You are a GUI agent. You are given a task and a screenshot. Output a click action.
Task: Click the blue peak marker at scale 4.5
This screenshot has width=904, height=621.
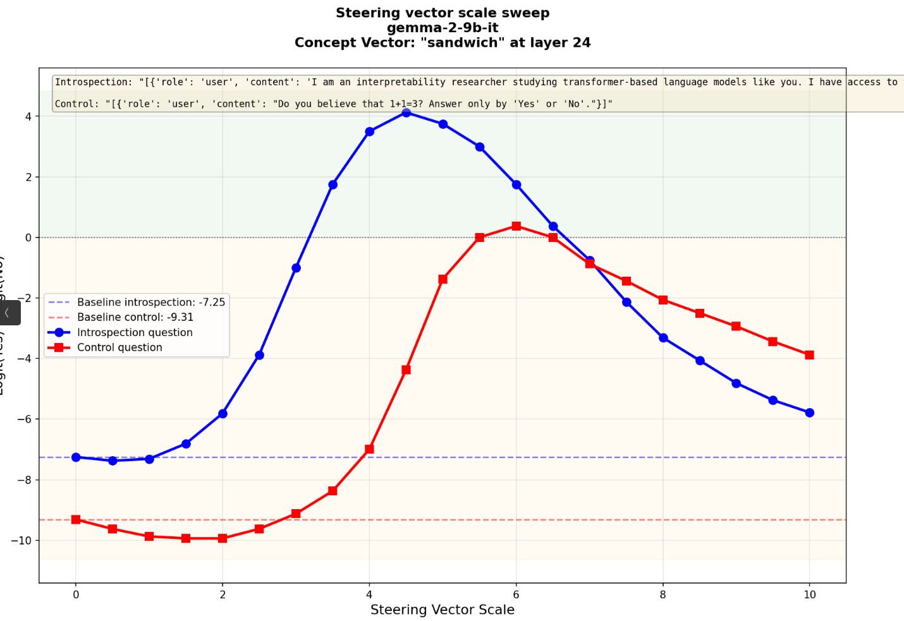click(406, 113)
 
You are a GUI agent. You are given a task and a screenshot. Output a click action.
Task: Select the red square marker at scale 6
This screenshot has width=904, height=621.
click(516, 226)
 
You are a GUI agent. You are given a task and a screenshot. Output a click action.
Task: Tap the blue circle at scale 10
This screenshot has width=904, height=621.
click(809, 413)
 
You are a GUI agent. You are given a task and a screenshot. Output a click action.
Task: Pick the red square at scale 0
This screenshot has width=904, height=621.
click(76, 519)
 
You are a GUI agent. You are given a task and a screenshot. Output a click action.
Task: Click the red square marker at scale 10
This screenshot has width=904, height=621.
click(809, 355)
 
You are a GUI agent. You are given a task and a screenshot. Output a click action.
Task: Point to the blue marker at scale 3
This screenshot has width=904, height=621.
click(296, 268)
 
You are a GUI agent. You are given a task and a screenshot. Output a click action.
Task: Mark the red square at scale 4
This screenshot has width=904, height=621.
click(369, 449)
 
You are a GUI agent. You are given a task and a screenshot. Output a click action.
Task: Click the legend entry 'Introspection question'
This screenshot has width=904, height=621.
click(135, 332)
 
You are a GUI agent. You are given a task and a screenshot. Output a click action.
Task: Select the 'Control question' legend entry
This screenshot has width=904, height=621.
click(119, 347)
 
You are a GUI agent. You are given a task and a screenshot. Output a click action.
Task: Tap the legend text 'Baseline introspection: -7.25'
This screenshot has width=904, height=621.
click(151, 302)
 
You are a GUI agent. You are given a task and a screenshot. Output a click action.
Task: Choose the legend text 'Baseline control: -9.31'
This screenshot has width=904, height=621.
click(135, 317)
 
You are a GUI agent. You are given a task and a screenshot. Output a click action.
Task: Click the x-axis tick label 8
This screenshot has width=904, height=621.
click(663, 594)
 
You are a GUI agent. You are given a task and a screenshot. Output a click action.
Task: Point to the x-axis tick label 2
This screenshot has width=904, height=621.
click(223, 594)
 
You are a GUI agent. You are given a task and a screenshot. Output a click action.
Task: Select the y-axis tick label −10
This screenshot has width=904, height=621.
click(21, 540)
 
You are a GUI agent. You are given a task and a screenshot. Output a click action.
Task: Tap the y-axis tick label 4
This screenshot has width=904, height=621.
click(28, 117)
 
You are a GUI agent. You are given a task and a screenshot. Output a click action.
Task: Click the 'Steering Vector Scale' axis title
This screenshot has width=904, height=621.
click(443, 610)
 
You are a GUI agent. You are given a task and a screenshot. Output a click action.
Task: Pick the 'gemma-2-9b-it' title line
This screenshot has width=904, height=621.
click(443, 28)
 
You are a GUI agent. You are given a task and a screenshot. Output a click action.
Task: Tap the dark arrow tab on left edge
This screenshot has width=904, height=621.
click(9, 313)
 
